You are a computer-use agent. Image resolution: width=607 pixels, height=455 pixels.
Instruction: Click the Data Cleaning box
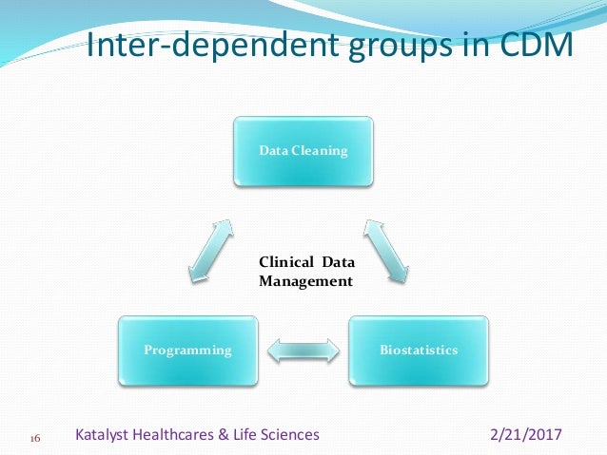coord(303,150)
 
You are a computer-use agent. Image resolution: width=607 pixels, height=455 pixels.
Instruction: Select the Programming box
coord(187,350)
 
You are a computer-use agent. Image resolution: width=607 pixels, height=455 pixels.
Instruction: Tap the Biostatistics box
coord(419,350)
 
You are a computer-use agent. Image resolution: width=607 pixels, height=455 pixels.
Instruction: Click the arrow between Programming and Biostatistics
coord(303,350)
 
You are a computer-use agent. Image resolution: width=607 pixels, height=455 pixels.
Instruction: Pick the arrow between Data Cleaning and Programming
coord(210,250)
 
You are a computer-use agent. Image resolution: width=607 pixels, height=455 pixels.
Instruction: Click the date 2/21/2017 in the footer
coord(525,435)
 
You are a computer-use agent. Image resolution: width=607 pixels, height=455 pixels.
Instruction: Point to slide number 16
coord(34,439)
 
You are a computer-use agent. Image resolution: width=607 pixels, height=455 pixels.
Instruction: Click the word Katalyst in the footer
coord(106,435)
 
